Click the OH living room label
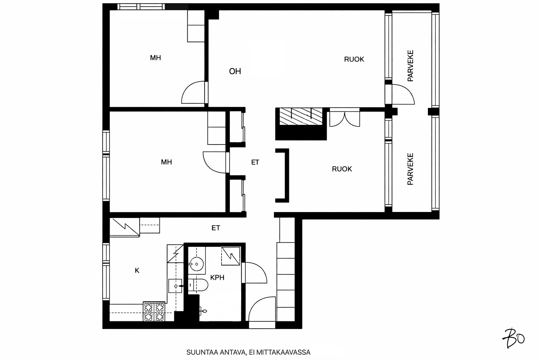coord(235,71)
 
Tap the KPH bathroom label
coord(217,278)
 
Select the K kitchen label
coord(137,271)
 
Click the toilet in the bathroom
coord(198,285)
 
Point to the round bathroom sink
coord(197,264)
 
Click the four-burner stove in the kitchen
coord(154,311)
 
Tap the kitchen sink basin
coord(175,286)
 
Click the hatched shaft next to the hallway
coord(301,116)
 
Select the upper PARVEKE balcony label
coord(410,66)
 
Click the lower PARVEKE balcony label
coord(410,169)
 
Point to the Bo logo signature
coord(514,338)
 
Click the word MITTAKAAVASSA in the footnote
coord(283,352)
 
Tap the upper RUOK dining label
coord(354,59)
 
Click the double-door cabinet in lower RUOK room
coord(345,117)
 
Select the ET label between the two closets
coord(255,162)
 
